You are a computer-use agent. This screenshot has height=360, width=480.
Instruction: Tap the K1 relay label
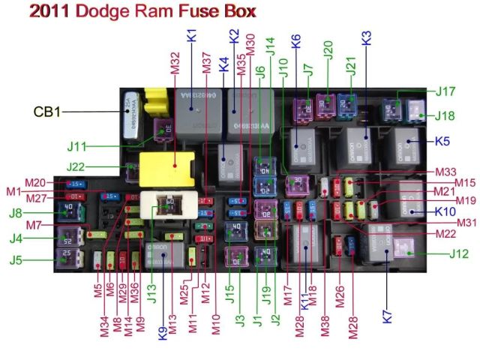pos(191,34)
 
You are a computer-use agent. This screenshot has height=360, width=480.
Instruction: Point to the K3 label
pos(367,39)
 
